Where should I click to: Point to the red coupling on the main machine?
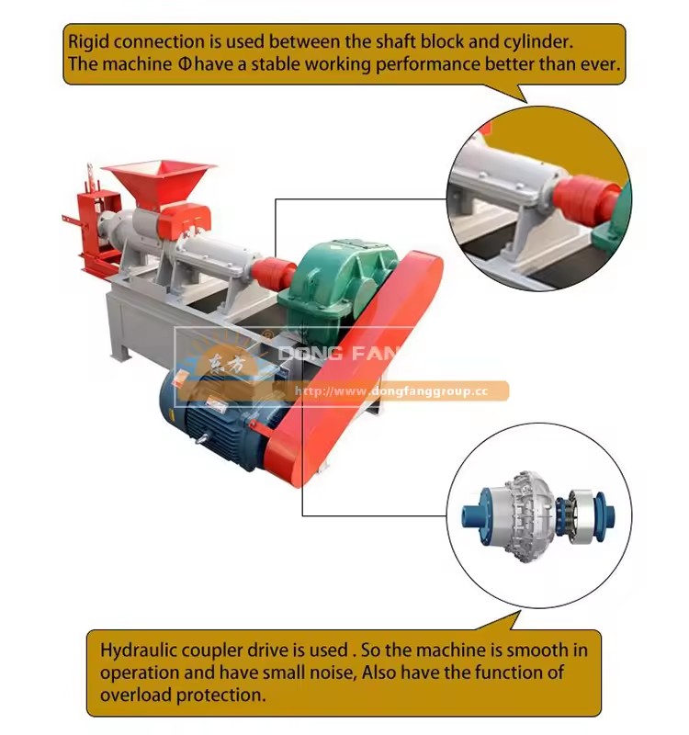click(273, 273)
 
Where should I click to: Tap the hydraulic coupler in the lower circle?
click(539, 514)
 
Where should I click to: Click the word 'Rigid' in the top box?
click(88, 42)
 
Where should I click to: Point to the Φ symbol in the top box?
click(185, 63)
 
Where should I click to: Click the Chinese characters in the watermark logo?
click(227, 364)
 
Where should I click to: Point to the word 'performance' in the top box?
click(428, 64)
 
